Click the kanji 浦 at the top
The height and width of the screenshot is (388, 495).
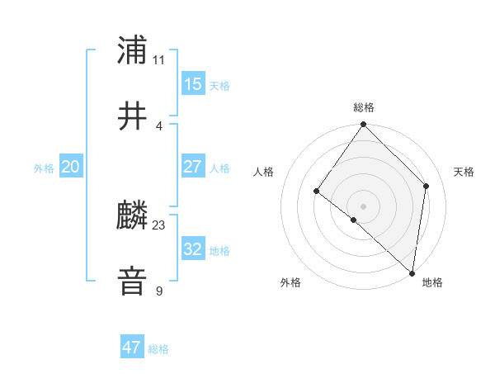[133, 50]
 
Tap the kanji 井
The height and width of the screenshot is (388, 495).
[133, 116]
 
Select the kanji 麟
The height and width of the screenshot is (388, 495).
[133, 216]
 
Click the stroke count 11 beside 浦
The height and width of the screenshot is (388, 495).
[159, 59]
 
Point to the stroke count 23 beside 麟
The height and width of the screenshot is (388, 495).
[159, 225]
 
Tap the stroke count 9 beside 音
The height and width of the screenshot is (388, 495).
[159, 291]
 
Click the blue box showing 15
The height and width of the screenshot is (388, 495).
[193, 84]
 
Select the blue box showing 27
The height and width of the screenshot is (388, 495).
[193, 167]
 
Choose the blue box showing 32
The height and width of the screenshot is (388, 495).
[193, 249]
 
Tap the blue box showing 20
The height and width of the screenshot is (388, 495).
[71, 167]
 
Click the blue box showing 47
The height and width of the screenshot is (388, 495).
[132, 348]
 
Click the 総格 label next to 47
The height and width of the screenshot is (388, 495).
[158, 349]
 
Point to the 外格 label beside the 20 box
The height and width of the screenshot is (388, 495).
[44, 168]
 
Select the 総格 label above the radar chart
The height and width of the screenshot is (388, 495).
[364, 107]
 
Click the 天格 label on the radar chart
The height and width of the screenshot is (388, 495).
[464, 172]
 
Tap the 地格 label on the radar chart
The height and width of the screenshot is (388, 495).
[432, 282]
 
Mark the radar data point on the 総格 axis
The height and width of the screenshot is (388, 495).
[364, 125]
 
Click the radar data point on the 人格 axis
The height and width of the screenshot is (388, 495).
[317, 192]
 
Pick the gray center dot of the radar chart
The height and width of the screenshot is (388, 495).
[364, 206]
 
